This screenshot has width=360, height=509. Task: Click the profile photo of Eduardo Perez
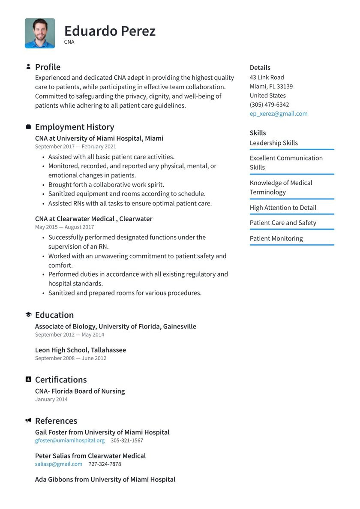(40, 33)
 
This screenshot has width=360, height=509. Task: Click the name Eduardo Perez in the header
(110, 31)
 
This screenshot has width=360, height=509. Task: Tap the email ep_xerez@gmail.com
(279, 114)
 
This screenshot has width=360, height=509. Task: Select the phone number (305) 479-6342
(269, 105)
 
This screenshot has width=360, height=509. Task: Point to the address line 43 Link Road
(267, 77)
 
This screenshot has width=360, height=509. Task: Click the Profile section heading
(48, 67)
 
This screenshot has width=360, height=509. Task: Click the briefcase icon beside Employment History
(28, 126)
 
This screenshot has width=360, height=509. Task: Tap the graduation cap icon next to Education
(28, 315)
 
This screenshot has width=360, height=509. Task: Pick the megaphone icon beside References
(28, 421)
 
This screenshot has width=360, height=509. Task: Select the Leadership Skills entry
(273, 143)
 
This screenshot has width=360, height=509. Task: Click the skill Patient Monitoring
(276, 238)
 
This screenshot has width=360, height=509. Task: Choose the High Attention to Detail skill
(283, 208)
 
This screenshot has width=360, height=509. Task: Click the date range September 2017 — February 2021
(75, 147)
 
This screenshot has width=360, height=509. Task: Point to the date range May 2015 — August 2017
(64, 227)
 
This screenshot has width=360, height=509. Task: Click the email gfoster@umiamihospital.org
(70, 440)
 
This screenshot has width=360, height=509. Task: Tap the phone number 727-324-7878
(105, 464)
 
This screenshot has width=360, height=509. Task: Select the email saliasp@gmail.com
(59, 464)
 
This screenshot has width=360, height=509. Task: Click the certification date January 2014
(51, 399)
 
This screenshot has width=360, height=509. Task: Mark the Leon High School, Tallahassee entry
(81, 350)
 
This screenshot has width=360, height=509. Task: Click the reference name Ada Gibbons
(54, 479)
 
